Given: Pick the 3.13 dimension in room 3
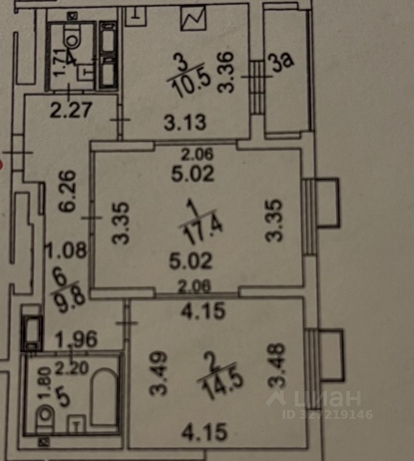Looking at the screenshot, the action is tap(185, 123).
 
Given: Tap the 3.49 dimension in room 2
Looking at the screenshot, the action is tap(158, 374).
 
